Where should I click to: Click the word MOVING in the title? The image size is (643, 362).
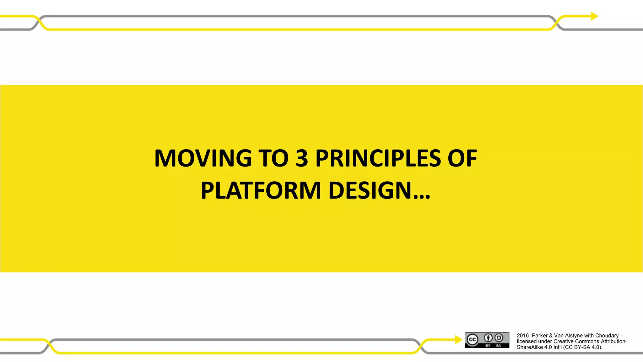(203, 158)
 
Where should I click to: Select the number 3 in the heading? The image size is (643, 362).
(302, 158)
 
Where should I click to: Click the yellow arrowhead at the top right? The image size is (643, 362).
(594, 16)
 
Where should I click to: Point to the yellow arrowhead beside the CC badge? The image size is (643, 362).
(458, 339)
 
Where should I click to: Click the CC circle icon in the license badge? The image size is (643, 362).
(472, 340)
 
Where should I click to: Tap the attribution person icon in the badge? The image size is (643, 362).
(488, 338)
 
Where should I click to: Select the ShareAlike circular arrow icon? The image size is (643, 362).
(499, 338)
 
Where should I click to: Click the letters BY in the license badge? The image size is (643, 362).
(488, 346)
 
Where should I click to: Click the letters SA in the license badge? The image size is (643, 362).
(498, 346)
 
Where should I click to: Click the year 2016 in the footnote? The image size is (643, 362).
(523, 336)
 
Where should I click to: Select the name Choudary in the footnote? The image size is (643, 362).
(607, 336)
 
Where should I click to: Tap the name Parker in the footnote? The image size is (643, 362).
(540, 336)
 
